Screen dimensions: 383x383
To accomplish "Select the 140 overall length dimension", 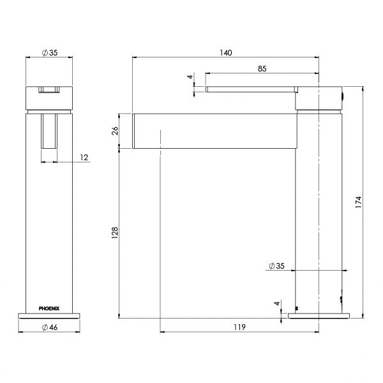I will click(225, 52).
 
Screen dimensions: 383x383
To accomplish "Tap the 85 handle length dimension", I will click(262, 68).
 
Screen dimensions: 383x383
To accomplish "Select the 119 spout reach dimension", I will click(239, 327).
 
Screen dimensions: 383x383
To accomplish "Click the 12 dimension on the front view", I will click(85, 158).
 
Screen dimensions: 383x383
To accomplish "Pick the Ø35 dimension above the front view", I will click(49, 52).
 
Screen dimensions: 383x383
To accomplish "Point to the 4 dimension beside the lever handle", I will click(190, 77).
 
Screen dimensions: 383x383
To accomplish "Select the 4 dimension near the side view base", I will click(276, 304).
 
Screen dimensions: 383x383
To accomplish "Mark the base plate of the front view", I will click(49, 314).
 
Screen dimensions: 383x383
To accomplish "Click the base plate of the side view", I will click(320, 315).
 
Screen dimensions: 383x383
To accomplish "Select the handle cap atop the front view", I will click(49, 97).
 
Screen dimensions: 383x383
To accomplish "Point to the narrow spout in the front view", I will click(50, 131).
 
